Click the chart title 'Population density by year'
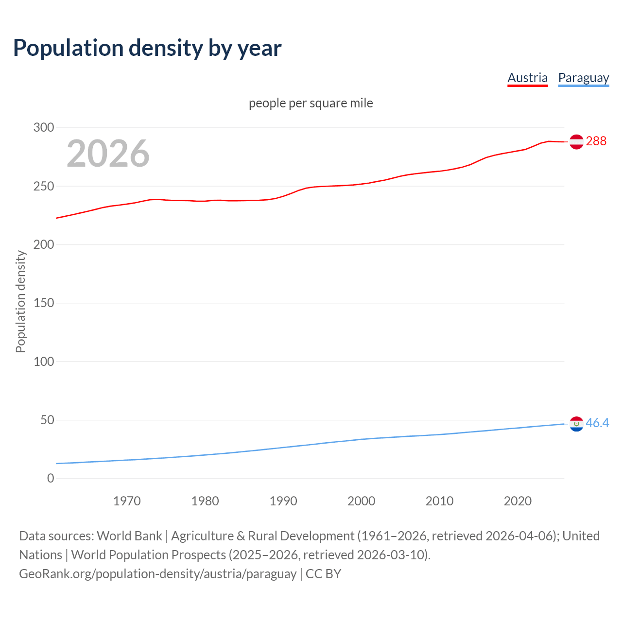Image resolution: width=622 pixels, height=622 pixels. (x=147, y=48)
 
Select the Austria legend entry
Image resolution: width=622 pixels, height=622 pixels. (x=527, y=78)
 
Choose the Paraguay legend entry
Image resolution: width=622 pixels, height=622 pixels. (x=583, y=78)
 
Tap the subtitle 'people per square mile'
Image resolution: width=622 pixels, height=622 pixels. (x=311, y=103)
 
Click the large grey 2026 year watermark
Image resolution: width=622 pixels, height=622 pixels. (x=108, y=154)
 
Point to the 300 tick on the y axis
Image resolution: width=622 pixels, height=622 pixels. (x=44, y=127)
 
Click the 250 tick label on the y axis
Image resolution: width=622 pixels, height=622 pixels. (x=44, y=186)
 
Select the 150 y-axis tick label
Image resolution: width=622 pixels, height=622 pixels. (x=44, y=303)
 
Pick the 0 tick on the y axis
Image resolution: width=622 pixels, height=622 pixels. (x=51, y=478)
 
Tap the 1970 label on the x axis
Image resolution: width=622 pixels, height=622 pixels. (x=127, y=501)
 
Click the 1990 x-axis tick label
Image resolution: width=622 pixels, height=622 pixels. (x=283, y=501)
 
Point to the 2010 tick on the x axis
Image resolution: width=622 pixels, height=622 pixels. (x=439, y=501)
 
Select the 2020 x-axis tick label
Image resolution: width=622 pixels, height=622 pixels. (x=518, y=501)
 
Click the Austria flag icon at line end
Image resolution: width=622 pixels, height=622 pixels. (x=576, y=141)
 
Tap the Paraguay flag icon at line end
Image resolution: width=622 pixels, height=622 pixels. (x=576, y=424)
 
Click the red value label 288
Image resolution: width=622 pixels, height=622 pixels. (x=596, y=141)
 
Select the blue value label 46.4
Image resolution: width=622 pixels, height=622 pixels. (x=597, y=423)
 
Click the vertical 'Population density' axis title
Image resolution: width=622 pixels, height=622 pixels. (x=20, y=301)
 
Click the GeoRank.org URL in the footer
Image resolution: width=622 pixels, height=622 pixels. (x=157, y=573)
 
